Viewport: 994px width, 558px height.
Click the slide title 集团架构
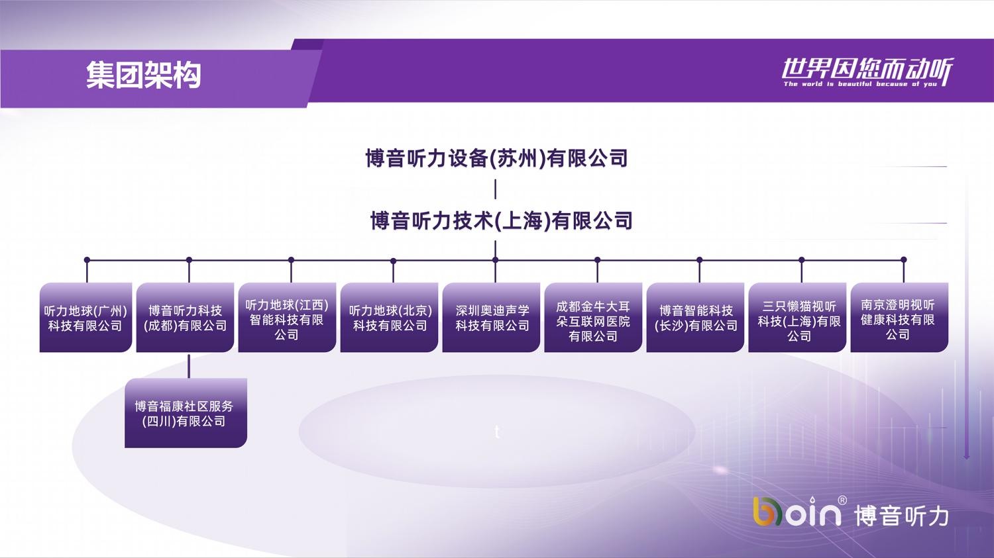(143, 75)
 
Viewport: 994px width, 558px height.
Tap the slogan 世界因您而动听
(867, 70)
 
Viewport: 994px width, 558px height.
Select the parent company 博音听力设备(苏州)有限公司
(496, 158)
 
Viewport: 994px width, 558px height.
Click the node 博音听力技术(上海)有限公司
(502, 220)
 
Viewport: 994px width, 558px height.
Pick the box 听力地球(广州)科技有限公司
(85, 317)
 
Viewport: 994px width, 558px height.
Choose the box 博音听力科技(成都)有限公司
(185, 317)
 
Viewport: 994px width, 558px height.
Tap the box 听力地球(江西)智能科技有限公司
(287, 317)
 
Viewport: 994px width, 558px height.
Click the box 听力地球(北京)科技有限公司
(389, 317)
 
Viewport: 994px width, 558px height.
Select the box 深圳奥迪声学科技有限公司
(491, 317)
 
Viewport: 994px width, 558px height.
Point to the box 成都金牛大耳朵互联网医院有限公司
(593, 317)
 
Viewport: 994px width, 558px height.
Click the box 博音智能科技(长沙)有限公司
(695, 317)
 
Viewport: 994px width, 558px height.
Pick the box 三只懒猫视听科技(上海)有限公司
(797, 317)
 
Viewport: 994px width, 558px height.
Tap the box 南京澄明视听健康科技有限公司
(899, 317)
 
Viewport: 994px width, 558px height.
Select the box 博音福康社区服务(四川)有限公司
(186, 413)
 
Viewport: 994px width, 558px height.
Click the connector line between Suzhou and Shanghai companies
(495, 189)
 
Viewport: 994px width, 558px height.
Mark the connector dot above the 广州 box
(87, 259)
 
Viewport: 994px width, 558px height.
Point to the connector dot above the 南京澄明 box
(904, 259)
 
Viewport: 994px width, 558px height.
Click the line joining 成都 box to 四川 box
(189, 366)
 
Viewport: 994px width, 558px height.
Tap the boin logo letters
(797, 511)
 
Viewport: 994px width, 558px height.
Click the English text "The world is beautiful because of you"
(860, 84)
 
